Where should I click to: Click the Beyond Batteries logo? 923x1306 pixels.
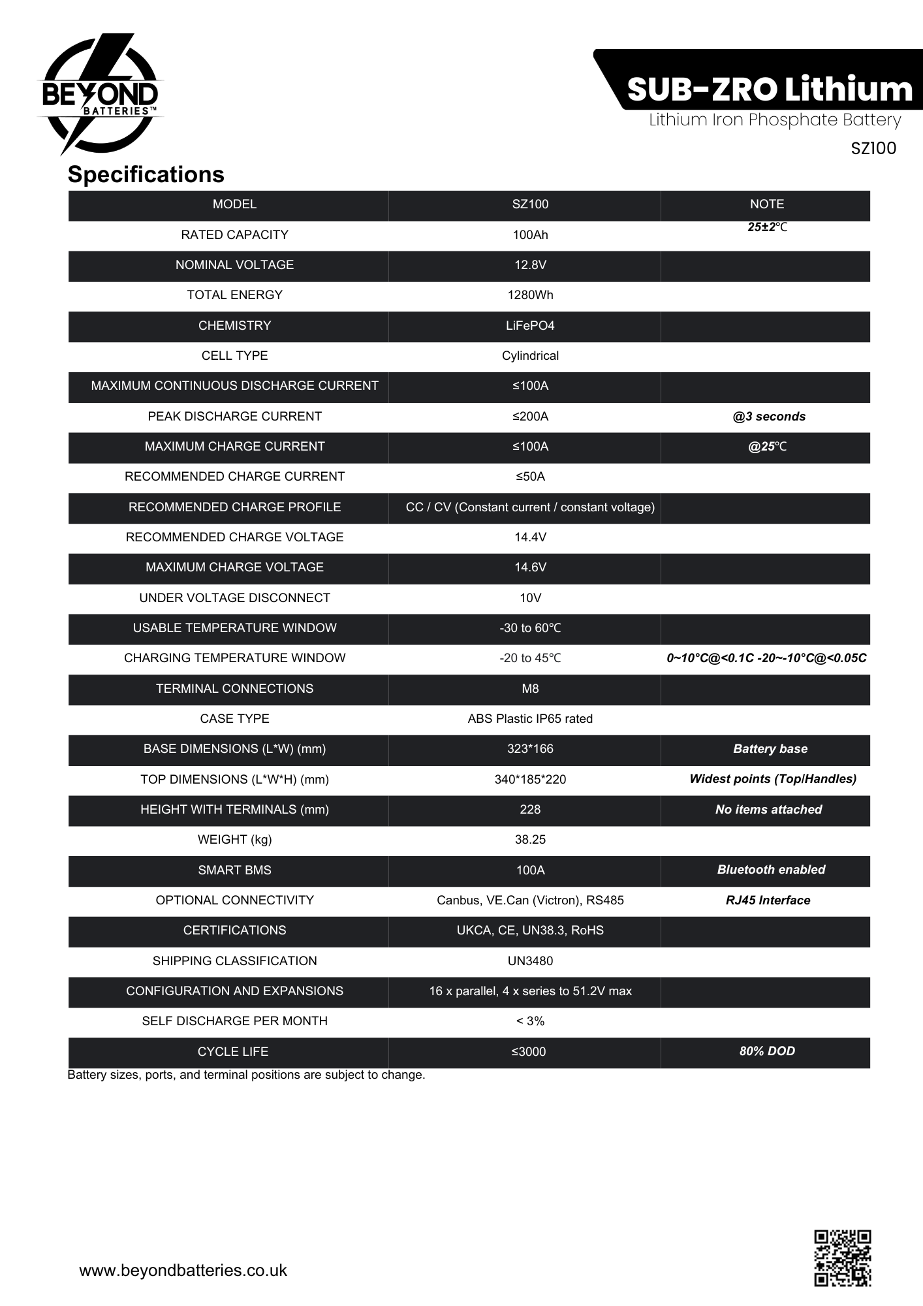[100, 95]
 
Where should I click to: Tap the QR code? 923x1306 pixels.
[842, 1258]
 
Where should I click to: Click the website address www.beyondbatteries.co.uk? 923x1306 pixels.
[183, 1270]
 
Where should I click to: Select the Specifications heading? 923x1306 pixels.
[146, 174]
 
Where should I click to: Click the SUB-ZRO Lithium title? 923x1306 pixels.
[769, 89]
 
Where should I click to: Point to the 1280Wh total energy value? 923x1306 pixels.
[530, 295]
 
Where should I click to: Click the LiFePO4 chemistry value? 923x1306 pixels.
[530, 325]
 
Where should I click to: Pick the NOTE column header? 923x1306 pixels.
[766, 204]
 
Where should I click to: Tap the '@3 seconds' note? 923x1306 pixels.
[769, 417]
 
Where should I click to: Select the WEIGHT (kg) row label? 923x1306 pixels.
[234, 840]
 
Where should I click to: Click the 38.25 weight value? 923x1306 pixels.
[530, 840]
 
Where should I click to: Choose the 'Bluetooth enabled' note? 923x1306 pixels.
[771, 870]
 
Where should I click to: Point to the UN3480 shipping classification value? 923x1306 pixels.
[530, 961]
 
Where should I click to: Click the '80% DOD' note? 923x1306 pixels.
[767, 1051]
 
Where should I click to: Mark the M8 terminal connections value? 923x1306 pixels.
[530, 688]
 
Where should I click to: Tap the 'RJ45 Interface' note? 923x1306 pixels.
[768, 900]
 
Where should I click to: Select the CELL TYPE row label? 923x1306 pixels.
[234, 356]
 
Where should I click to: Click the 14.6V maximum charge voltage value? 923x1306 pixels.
[530, 567]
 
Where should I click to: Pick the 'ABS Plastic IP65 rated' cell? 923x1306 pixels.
[530, 719]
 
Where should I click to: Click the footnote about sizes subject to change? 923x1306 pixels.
[246, 1075]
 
